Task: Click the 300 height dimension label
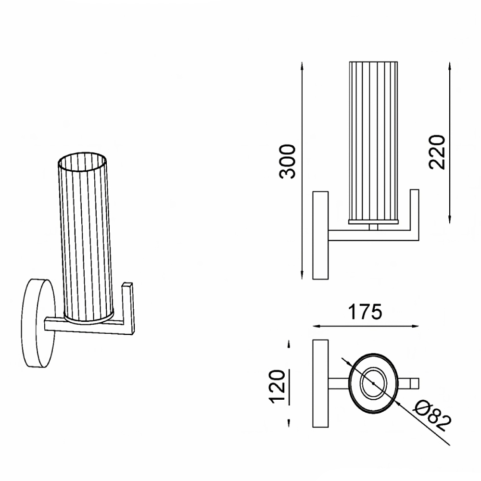click(288, 161)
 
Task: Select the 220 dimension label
click(438, 152)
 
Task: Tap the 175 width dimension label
click(365, 312)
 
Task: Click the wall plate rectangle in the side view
click(320, 235)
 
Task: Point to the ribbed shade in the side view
click(374, 139)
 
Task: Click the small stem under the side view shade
click(374, 226)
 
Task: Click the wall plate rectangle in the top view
click(320, 383)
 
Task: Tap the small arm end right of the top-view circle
click(414, 383)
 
